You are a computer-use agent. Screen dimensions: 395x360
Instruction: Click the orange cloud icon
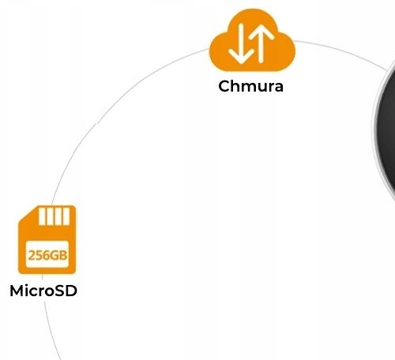click(252, 41)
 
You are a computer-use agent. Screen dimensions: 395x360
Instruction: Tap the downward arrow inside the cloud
click(241, 43)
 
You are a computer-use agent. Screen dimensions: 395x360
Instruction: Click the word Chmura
click(251, 86)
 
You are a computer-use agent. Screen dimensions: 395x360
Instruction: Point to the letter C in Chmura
click(224, 86)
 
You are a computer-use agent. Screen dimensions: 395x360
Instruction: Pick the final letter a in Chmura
click(278, 88)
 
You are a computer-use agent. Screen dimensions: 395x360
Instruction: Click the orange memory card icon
click(47, 239)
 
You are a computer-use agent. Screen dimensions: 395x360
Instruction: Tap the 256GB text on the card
click(47, 255)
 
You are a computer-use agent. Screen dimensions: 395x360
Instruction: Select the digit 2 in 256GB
click(32, 255)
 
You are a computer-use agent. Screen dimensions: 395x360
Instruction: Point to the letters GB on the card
click(59, 255)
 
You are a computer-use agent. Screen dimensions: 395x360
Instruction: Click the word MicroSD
click(43, 291)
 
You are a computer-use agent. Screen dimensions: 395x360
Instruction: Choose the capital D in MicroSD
click(71, 291)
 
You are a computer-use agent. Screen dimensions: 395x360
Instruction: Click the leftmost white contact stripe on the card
click(42, 216)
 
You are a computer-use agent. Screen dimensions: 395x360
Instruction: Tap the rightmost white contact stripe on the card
click(66, 216)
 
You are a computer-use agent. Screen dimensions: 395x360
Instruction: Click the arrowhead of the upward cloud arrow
click(261, 32)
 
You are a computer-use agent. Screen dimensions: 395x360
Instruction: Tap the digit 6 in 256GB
click(47, 255)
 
